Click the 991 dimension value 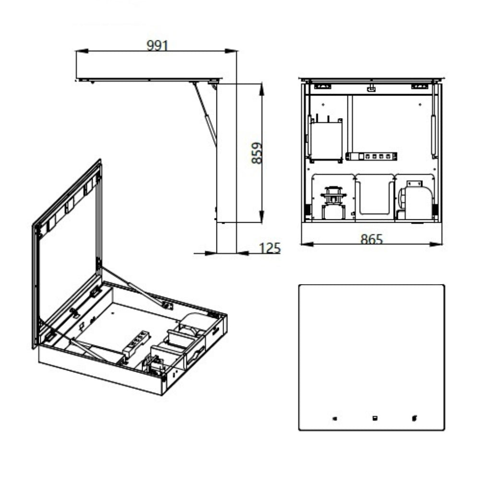click(x=157, y=45)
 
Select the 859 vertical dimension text click(x=257, y=153)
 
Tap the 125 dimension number click(x=270, y=248)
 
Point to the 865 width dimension click(x=372, y=239)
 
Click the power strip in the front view click(x=371, y=156)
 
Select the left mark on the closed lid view click(x=335, y=419)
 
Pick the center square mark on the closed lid click(x=375, y=418)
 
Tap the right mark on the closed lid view click(x=414, y=418)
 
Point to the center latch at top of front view click(x=371, y=88)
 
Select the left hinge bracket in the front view click(x=323, y=86)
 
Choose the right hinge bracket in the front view click(x=420, y=86)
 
